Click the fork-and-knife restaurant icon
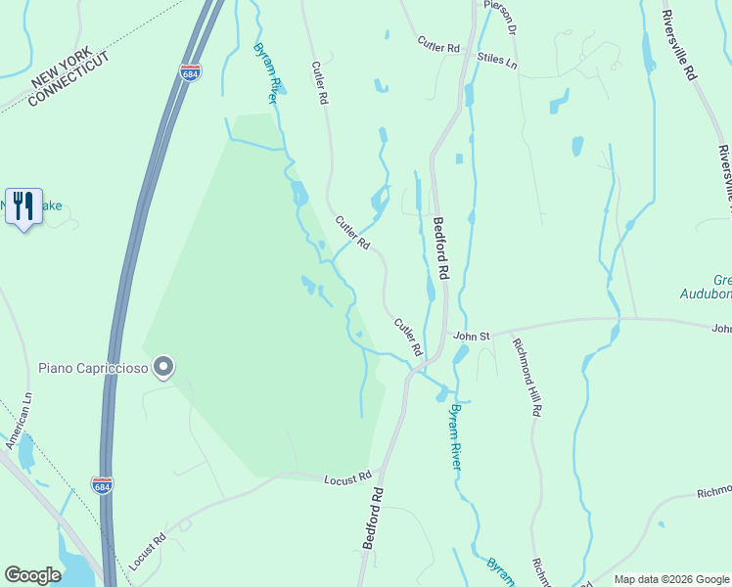[x=23, y=206]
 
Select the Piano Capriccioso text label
[x=93, y=368]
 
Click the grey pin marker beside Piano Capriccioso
[x=164, y=368]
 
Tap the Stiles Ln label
[x=497, y=60]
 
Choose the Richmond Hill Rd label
[x=526, y=378]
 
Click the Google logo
[x=32, y=575]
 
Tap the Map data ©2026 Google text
[x=670, y=579]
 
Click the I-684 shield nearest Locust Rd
[x=102, y=485]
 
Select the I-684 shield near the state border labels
[x=190, y=73]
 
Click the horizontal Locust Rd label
[x=349, y=477]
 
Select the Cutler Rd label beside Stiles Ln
[x=437, y=45]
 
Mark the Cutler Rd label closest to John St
[x=408, y=337]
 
